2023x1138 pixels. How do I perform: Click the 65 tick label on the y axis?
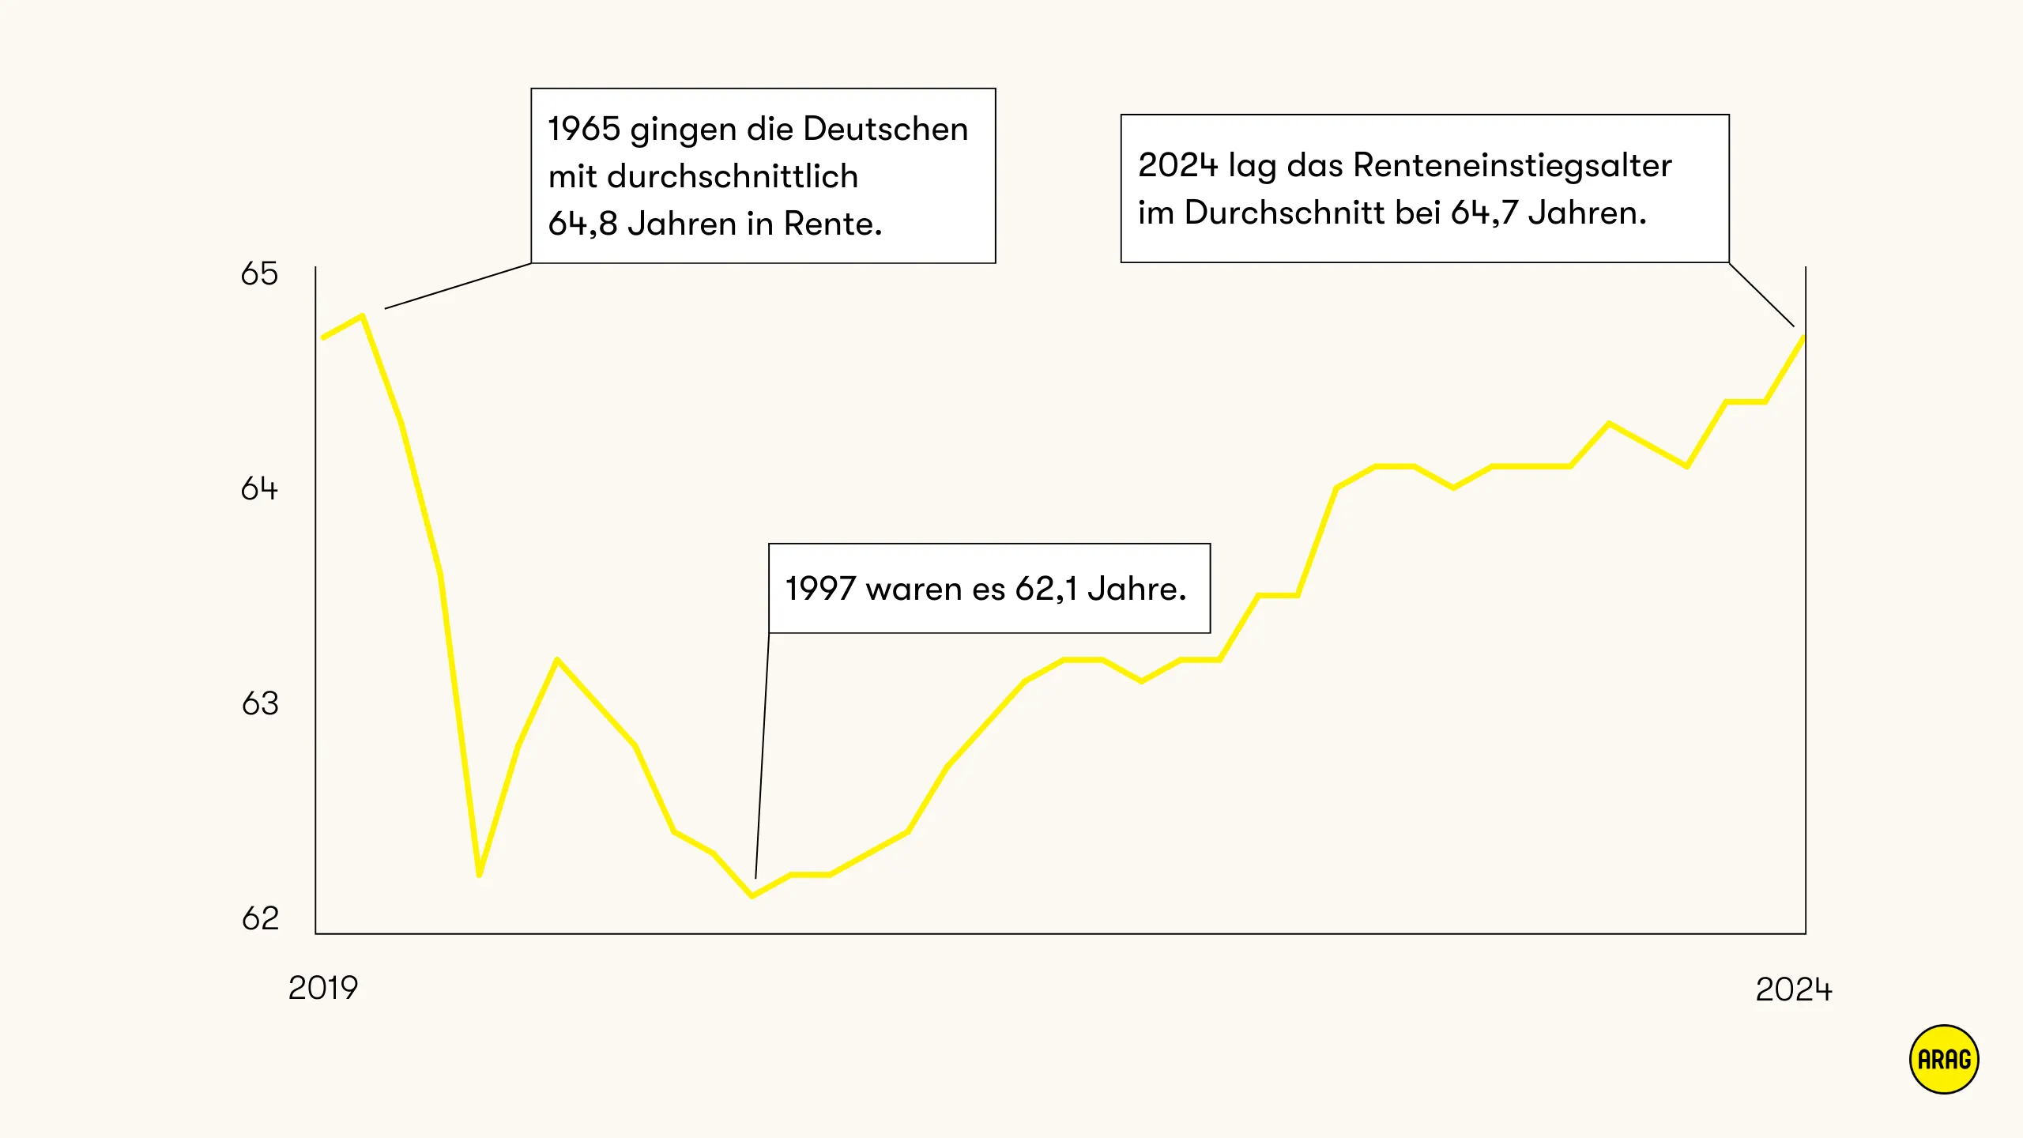click(259, 274)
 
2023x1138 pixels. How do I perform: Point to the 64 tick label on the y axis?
click(259, 489)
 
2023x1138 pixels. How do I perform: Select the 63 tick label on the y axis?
click(260, 703)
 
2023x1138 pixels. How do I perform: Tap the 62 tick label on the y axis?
click(260, 918)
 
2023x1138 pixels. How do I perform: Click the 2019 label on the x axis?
click(323, 988)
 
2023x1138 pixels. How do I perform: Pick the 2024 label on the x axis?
click(1793, 989)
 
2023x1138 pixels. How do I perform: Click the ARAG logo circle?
click(1944, 1060)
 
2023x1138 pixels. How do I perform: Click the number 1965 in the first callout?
click(584, 129)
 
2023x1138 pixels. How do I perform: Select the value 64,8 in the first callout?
click(582, 224)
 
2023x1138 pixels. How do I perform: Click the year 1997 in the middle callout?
click(820, 589)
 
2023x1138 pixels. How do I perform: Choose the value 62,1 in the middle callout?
click(1046, 589)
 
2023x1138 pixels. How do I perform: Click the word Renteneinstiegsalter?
click(1513, 165)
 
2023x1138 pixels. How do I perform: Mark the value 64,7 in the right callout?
click(1484, 213)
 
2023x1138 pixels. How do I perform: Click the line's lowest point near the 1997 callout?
click(752, 896)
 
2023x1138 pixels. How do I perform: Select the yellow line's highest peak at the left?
click(362, 316)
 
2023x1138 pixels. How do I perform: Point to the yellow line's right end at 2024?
click(1803, 338)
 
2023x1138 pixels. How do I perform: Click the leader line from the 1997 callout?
click(762, 759)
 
